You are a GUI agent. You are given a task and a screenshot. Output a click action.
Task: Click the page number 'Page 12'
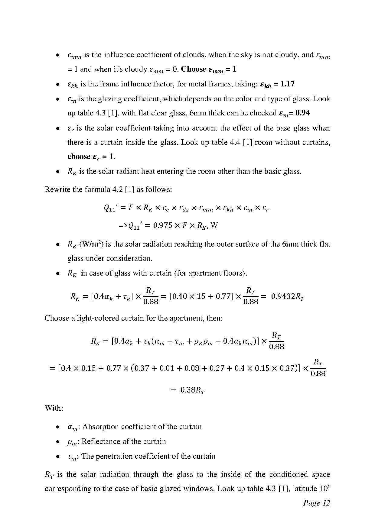pyautogui.click(x=316, y=503)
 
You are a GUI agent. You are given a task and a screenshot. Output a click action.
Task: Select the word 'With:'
pyautogui.click(x=54, y=408)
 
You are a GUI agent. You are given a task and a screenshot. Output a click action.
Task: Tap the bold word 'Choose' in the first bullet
pyautogui.click(x=194, y=69)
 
